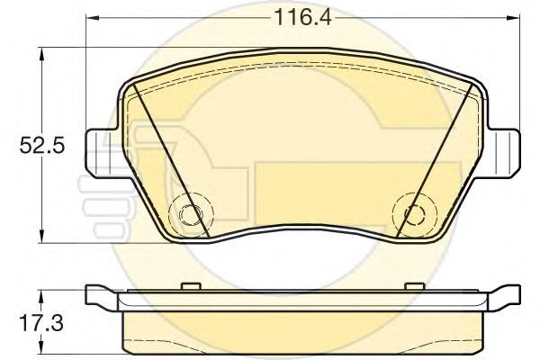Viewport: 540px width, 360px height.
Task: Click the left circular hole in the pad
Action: click(x=190, y=214)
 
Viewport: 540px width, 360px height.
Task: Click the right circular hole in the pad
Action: click(x=412, y=214)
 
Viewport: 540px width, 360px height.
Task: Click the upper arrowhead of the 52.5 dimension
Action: click(x=40, y=55)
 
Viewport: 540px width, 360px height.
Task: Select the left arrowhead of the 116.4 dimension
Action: click(x=92, y=17)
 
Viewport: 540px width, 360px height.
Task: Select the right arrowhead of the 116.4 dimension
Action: click(x=512, y=17)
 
